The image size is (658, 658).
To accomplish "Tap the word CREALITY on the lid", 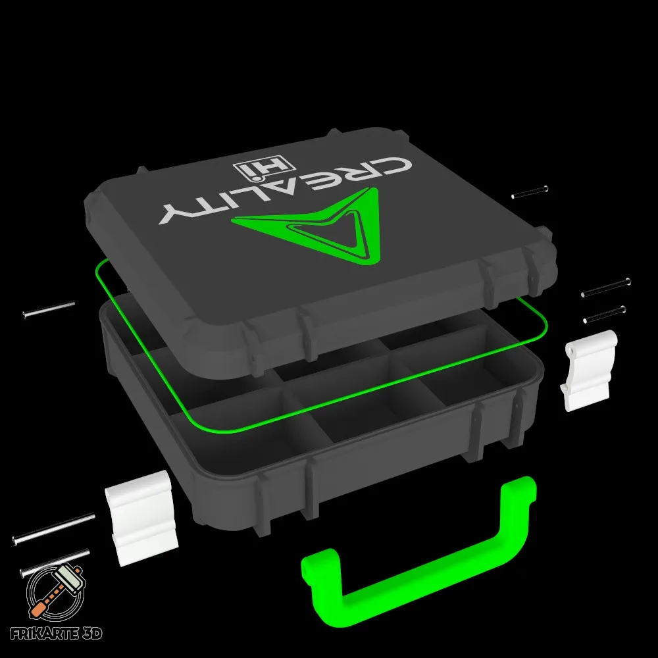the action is [x=286, y=191].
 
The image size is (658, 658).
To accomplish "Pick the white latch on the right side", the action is [x=589, y=370].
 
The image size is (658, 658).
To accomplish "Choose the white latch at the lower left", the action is [x=142, y=518].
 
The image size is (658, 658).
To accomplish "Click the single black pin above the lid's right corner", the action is [x=530, y=191].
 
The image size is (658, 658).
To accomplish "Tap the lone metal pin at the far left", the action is [x=49, y=309].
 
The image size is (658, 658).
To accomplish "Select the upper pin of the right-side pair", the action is [x=605, y=288].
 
